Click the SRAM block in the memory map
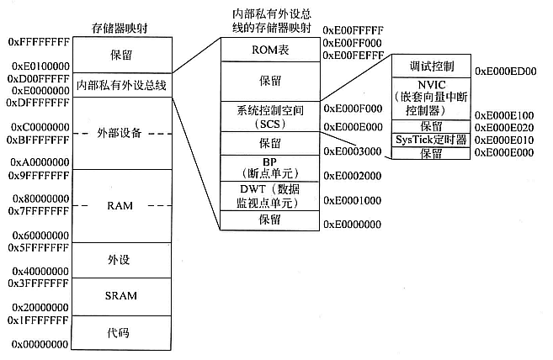(121, 296)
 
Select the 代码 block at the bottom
(121, 332)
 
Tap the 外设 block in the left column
(121, 260)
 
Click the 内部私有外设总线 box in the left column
(121, 85)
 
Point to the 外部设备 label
(121, 134)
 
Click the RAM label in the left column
(121, 205)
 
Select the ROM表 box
(270, 50)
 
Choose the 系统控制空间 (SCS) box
(270, 117)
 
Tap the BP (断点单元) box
(270, 167)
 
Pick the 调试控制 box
(430, 66)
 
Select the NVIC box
(430, 97)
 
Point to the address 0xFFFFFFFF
(37, 40)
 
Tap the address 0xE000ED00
(506, 72)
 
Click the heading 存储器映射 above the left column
(121, 29)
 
